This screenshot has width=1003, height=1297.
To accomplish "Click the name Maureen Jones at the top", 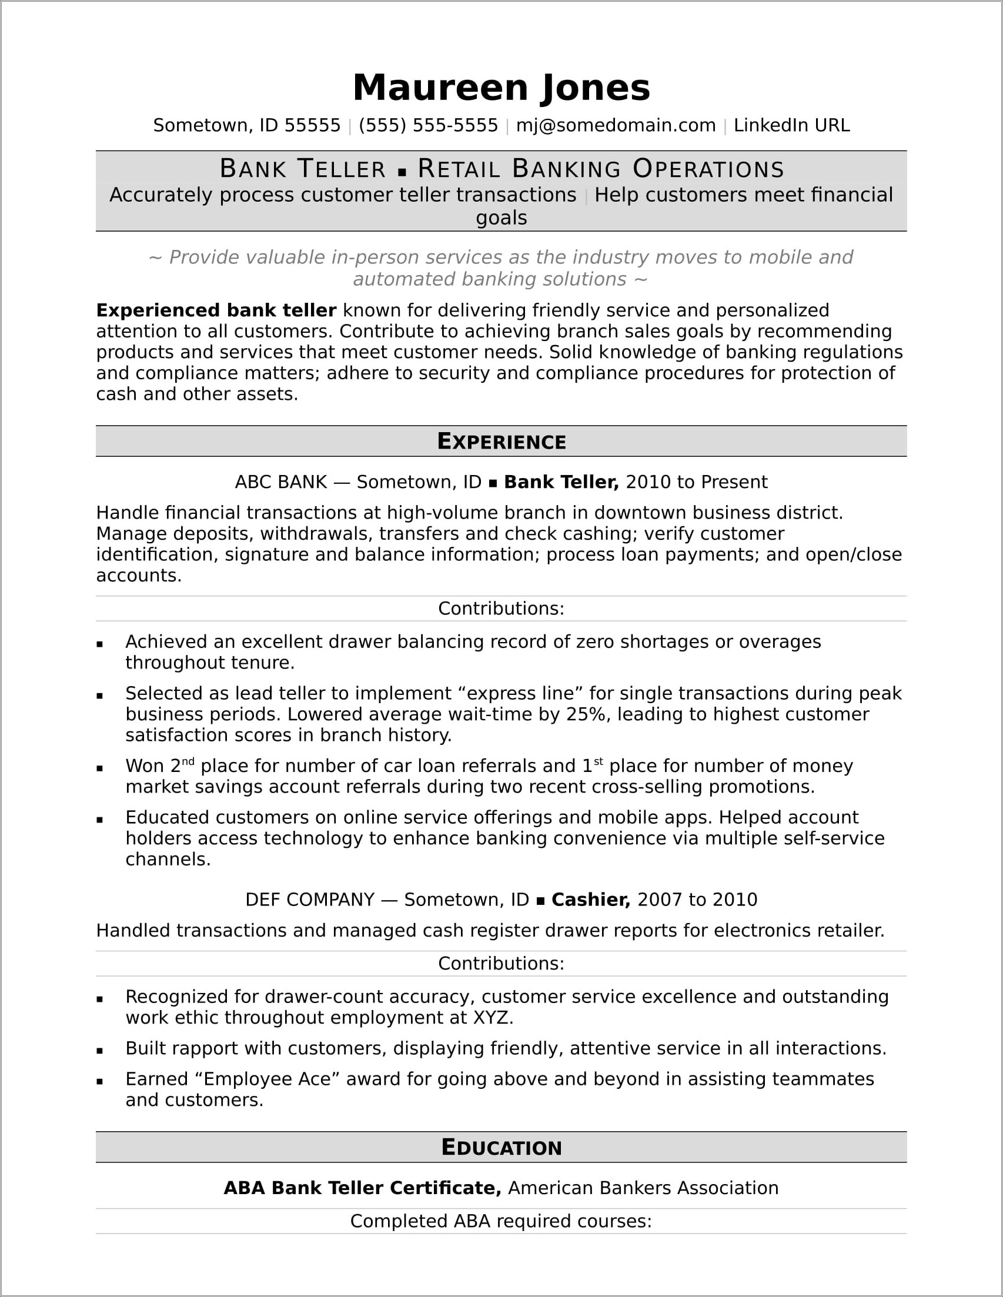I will [501, 88].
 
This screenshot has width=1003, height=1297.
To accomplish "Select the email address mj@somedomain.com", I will [615, 125].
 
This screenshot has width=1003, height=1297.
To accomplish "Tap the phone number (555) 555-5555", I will [427, 125].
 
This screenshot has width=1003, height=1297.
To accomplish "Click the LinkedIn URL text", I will [791, 125].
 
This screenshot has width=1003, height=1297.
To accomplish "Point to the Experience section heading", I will [501, 441].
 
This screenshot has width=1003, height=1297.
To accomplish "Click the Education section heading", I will [501, 1147].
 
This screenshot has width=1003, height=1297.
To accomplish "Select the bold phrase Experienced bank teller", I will [216, 310].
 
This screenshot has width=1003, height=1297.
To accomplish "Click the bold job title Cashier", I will [590, 900].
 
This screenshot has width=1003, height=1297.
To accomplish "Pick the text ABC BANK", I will [281, 482].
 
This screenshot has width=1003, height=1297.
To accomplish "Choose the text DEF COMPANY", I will [309, 900].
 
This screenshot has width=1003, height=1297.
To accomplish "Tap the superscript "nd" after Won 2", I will [188, 761].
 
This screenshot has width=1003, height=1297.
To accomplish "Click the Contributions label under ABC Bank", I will [501, 608].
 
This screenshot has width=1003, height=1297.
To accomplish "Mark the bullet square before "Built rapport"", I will [100, 1051].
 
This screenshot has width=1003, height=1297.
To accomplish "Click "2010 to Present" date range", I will [696, 482].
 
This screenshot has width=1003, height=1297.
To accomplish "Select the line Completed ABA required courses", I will [501, 1221].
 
